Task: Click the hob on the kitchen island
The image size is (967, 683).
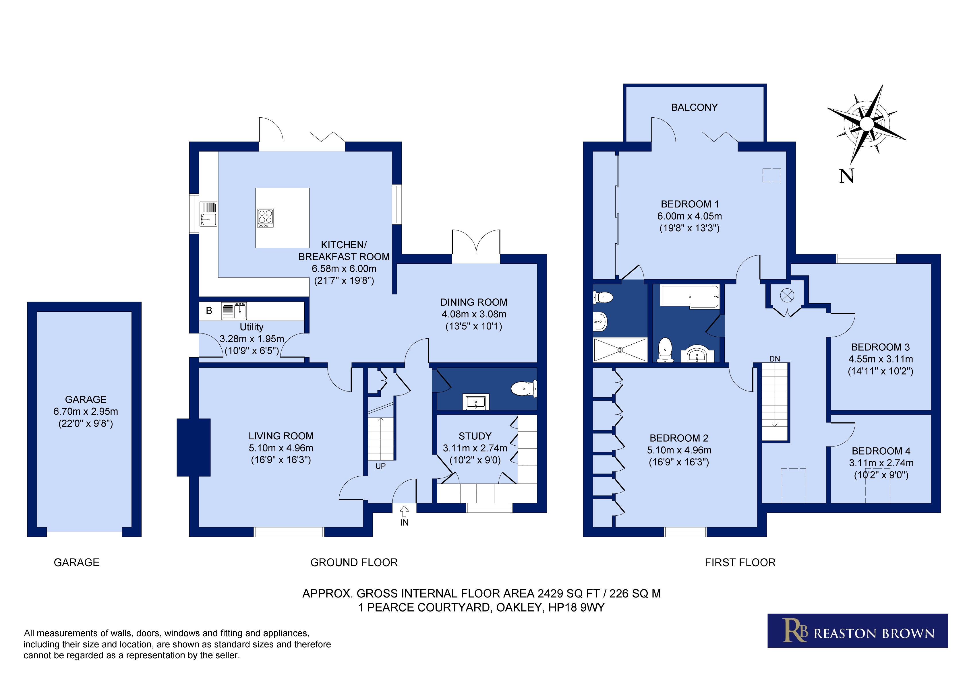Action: click(x=265, y=218)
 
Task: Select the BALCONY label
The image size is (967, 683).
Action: click(x=694, y=107)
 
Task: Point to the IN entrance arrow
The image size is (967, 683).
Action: click(x=404, y=511)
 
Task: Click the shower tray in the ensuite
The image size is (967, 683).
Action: click(x=620, y=350)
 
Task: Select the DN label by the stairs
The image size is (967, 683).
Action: click(x=775, y=359)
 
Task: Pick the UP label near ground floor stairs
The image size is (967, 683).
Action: click(x=380, y=466)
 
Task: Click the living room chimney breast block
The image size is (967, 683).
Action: click(x=193, y=447)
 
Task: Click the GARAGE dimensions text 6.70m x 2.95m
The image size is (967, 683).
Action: click(x=86, y=412)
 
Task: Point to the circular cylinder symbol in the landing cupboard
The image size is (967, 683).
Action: click(x=787, y=295)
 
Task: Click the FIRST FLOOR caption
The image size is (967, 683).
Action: click(x=740, y=562)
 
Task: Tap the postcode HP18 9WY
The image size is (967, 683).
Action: click(x=576, y=608)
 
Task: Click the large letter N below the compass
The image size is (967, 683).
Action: click(x=846, y=176)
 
